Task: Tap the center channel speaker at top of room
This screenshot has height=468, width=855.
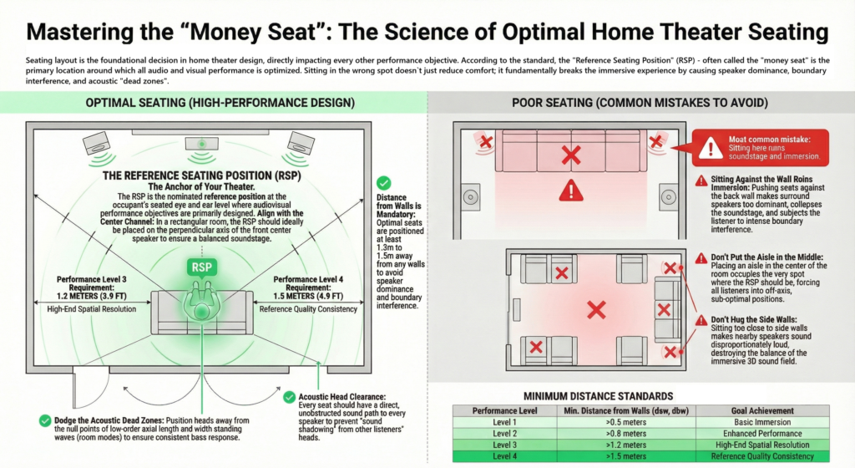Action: (x=200, y=141)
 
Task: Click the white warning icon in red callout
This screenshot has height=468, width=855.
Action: (x=710, y=148)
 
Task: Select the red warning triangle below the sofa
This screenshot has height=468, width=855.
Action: (x=570, y=191)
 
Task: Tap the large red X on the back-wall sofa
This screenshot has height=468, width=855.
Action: (x=571, y=154)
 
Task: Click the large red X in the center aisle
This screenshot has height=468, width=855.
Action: (x=595, y=311)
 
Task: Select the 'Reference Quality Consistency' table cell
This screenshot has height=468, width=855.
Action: (x=751, y=455)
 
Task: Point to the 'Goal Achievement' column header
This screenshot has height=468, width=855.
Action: (x=751, y=411)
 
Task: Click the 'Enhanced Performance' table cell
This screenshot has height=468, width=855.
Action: (x=751, y=434)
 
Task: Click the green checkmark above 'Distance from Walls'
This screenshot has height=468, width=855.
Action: (x=382, y=182)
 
